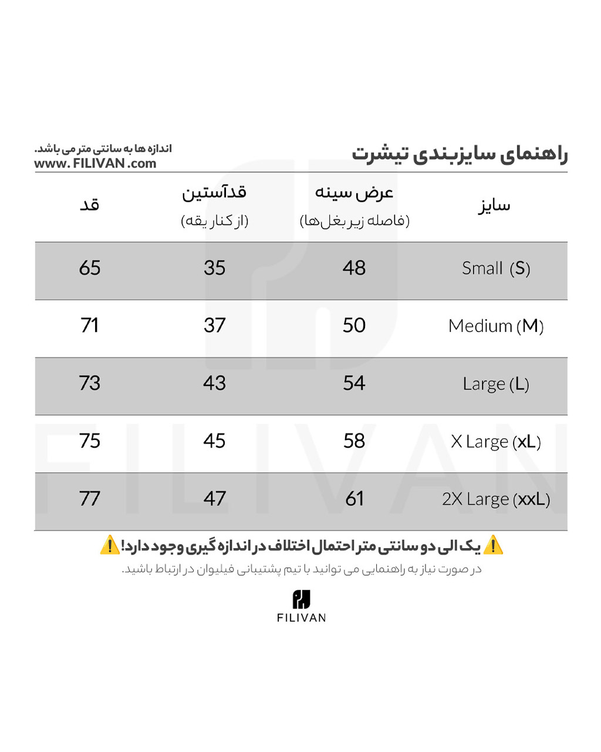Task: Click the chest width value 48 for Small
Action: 354,268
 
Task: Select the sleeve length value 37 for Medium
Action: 214,325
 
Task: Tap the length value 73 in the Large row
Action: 90,383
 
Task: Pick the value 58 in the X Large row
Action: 354,441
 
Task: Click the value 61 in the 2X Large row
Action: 354,499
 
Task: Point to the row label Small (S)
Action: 496,268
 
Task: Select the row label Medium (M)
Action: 496,326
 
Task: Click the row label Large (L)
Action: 496,384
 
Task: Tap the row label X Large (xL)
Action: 496,441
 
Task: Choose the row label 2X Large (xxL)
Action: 496,499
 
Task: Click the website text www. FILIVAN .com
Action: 95,164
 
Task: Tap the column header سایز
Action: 494,206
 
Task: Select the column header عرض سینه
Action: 354,193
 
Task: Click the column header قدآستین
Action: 214,193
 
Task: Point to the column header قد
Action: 89,205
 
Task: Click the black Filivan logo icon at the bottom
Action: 301,599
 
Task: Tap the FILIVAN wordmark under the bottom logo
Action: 301,617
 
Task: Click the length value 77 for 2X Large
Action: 90,499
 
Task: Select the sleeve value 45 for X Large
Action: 214,441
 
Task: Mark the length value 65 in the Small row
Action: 90,268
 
